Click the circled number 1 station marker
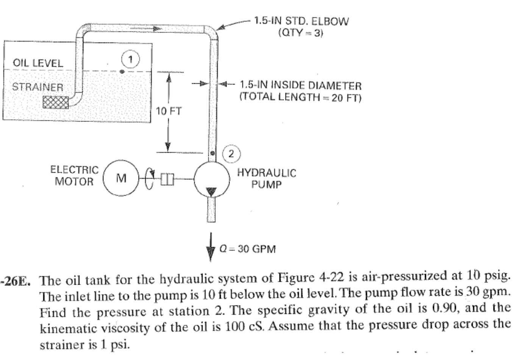click(x=130, y=59)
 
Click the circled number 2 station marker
click(x=231, y=154)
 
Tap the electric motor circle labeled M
click(x=121, y=178)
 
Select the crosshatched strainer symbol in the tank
click(x=55, y=102)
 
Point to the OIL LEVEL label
click(x=38, y=63)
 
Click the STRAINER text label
click(x=38, y=87)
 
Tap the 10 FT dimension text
click(x=169, y=111)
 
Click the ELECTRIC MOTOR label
click(x=74, y=176)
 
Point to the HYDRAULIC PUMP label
click(x=267, y=179)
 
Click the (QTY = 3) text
click(x=300, y=33)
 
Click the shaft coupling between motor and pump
click(x=167, y=179)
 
